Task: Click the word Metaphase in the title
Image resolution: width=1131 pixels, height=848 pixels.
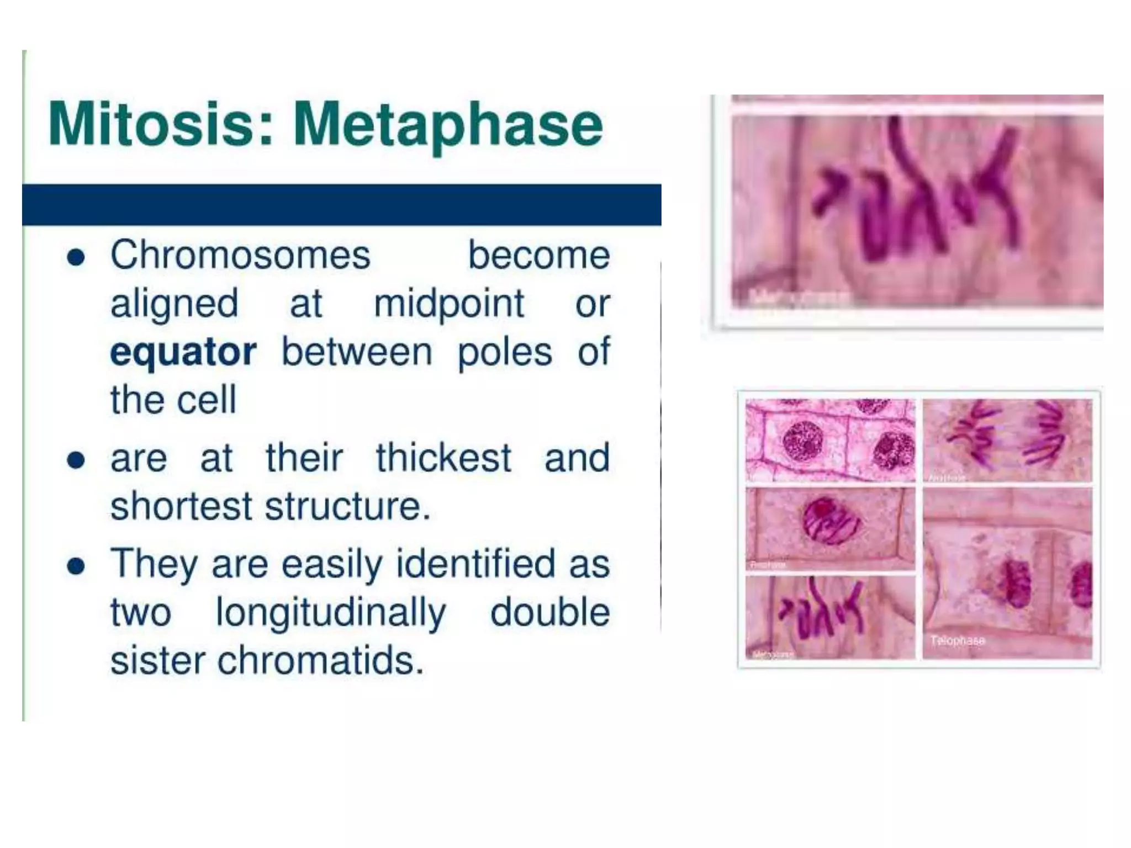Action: pos(447,126)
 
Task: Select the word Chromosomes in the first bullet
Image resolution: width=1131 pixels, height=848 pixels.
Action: pos(240,255)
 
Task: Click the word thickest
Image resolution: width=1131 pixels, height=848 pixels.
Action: pos(443,458)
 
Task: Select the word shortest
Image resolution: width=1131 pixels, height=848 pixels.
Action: pos(181,506)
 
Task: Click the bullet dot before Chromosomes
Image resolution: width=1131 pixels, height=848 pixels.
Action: pos(76,257)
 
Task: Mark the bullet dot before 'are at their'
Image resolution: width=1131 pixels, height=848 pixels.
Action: pos(76,460)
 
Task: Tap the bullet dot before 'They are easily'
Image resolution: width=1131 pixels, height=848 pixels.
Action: pos(76,566)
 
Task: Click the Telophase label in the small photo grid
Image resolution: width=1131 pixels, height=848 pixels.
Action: pos(957,640)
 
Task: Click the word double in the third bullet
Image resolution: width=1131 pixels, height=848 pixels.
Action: pos(549,612)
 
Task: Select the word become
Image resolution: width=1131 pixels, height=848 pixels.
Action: pos(539,255)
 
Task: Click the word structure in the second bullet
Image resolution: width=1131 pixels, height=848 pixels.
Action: pos(347,506)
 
